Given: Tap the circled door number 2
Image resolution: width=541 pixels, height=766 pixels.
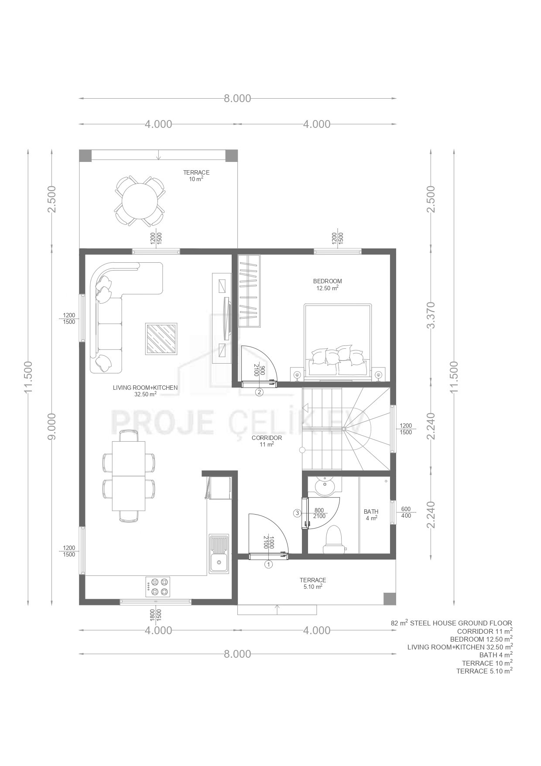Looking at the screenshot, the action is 260,392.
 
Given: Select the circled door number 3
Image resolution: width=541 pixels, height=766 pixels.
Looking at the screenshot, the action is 298,513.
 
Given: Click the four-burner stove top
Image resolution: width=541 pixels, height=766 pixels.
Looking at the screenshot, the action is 158,587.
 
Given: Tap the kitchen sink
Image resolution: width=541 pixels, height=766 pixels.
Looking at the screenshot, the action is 219,554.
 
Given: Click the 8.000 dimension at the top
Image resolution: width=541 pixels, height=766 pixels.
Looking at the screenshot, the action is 238,99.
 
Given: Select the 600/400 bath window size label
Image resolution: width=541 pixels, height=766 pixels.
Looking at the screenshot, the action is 406,512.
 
